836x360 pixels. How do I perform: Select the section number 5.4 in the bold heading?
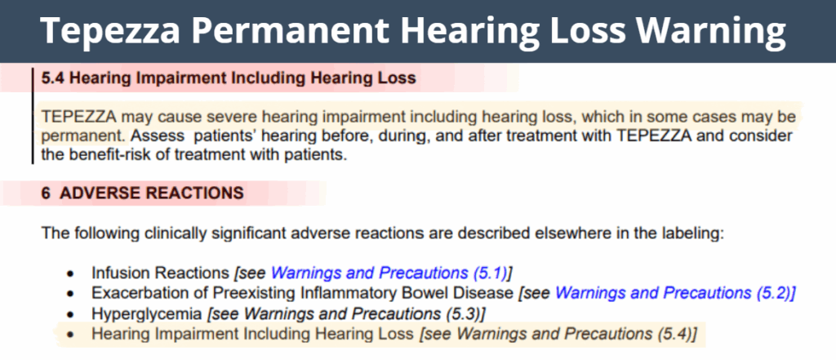[x=53, y=78]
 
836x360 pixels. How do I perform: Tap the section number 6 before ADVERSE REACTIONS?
[x=46, y=193]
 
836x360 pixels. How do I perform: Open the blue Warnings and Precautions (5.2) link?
[x=674, y=292]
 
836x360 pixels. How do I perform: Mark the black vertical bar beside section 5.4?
[x=32, y=115]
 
